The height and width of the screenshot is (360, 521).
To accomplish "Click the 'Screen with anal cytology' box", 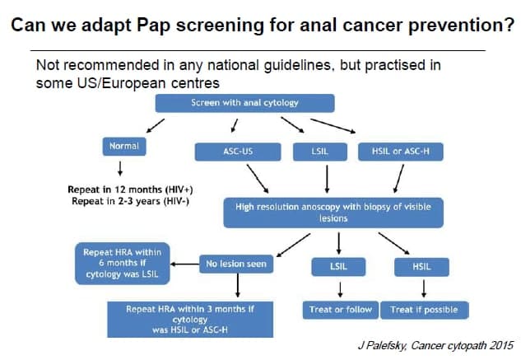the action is [245, 103].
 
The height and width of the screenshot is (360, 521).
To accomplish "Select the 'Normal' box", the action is [124, 147].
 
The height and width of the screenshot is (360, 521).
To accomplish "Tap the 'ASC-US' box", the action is [238, 152].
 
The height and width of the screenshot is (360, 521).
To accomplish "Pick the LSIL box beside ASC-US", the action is [320, 152].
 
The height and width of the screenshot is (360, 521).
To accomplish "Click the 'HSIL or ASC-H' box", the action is [401, 152].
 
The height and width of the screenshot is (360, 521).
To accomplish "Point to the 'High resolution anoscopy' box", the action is [333, 213].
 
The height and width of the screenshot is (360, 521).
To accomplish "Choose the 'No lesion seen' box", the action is [236, 264].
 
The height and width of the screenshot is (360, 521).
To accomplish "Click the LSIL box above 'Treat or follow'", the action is [338, 267].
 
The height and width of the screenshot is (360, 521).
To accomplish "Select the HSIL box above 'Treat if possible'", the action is [421, 267].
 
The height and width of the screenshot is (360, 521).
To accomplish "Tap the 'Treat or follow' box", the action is [341, 310].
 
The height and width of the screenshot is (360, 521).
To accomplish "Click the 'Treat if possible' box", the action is [425, 310].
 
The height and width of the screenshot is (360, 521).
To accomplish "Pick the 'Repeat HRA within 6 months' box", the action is [123, 264].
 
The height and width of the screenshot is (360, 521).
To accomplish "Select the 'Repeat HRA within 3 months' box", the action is [190, 320].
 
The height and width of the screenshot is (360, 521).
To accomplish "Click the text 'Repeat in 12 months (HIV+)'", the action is [130, 189].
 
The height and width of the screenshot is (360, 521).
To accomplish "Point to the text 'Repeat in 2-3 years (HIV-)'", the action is [130, 201].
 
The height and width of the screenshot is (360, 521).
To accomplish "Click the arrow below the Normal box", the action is [120, 168].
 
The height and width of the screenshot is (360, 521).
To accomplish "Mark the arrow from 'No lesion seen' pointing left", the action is [184, 264].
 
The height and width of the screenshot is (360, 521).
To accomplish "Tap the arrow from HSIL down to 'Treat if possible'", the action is [424, 288].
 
